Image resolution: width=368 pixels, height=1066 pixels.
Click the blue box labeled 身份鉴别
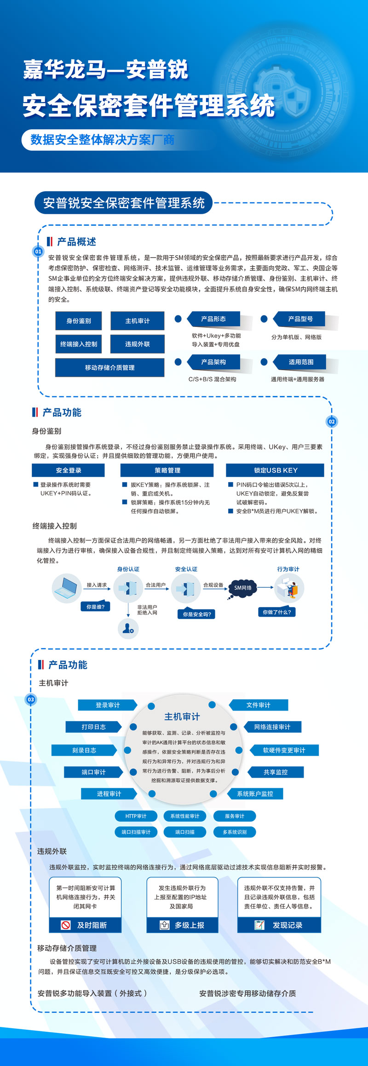click(78, 321)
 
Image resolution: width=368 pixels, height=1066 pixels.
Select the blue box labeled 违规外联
click(137, 344)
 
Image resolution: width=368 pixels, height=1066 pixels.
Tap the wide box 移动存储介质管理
click(109, 367)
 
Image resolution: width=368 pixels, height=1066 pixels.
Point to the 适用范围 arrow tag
click(300, 362)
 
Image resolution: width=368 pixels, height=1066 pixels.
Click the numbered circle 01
click(38, 252)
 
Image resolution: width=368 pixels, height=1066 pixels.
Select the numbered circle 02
click(332, 422)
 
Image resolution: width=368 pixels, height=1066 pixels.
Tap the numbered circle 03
click(31, 699)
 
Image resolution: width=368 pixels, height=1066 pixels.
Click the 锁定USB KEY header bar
click(275, 470)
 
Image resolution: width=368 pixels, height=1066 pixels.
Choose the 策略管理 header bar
click(167, 470)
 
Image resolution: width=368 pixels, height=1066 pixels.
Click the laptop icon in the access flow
click(67, 588)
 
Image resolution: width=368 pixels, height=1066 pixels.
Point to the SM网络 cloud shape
click(242, 588)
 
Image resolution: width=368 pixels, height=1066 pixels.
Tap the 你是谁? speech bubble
click(95, 607)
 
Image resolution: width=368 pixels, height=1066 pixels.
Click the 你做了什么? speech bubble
click(276, 612)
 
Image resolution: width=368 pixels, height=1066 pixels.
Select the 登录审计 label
click(107, 705)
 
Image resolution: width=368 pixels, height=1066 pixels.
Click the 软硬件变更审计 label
click(284, 750)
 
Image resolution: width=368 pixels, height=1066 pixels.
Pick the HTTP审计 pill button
click(136, 816)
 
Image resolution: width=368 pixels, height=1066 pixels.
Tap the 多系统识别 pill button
click(235, 831)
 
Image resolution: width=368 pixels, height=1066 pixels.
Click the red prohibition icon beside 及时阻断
click(66, 925)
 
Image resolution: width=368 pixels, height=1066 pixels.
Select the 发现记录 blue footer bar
click(279, 925)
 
